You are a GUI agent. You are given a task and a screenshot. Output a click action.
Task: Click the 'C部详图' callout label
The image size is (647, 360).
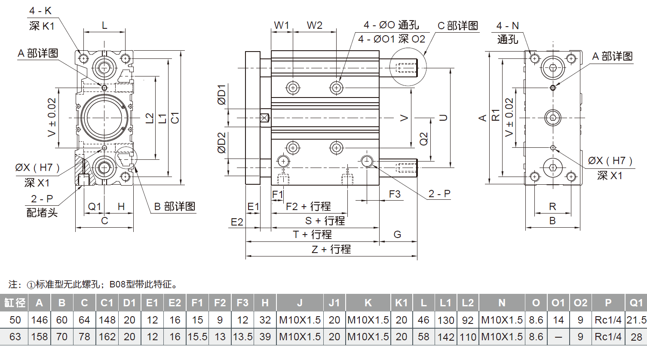click(x=457, y=26)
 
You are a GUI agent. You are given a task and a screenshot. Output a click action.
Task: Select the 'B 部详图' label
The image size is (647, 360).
click(x=175, y=207)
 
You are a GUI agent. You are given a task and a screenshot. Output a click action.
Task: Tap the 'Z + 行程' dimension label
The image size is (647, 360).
click(x=331, y=249)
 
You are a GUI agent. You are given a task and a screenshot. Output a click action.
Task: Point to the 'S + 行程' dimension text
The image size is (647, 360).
click(x=325, y=221)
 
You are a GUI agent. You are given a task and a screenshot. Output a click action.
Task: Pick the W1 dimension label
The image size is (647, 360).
click(x=282, y=25)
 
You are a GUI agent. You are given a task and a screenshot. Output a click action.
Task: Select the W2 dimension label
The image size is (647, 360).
click(x=315, y=25)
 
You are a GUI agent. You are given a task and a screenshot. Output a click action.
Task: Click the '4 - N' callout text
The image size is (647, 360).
click(x=508, y=26)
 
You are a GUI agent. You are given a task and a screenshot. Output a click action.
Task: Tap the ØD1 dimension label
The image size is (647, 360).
click(x=221, y=95)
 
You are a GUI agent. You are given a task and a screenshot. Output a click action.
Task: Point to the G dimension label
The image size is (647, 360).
click(x=397, y=235)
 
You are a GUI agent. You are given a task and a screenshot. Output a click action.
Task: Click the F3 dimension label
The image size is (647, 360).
click(x=395, y=194)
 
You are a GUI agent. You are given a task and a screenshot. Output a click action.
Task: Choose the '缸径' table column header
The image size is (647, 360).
click(x=15, y=303)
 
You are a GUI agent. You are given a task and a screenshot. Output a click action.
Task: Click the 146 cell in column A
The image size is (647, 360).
click(x=40, y=320)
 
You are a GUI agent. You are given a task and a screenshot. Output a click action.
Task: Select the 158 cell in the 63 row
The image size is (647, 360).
click(x=40, y=337)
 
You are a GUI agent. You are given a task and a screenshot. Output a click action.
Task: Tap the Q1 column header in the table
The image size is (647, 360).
click(x=636, y=303)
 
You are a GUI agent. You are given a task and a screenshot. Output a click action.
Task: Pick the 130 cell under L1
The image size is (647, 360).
click(x=446, y=320)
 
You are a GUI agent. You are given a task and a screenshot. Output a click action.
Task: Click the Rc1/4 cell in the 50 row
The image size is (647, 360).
click(x=608, y=320)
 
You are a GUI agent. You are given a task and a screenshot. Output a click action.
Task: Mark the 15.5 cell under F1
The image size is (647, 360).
click(x=197, y=337)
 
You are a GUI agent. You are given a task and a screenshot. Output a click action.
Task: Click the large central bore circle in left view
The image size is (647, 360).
click(x=104, y=117)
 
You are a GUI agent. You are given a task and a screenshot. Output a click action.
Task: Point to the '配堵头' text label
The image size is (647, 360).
click(x=42, y=213)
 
